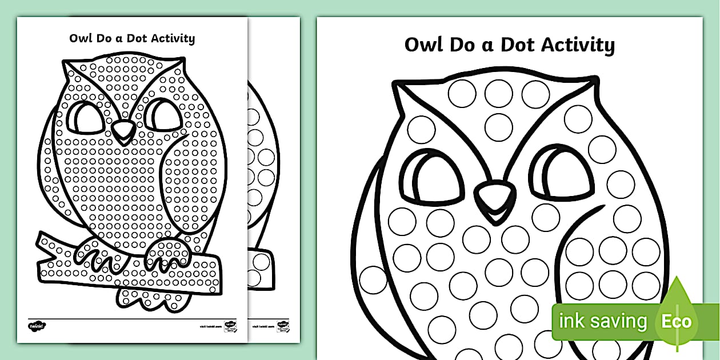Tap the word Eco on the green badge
tap(677, 321)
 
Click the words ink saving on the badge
tap(602, 321)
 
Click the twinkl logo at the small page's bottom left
tap(37, 326)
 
